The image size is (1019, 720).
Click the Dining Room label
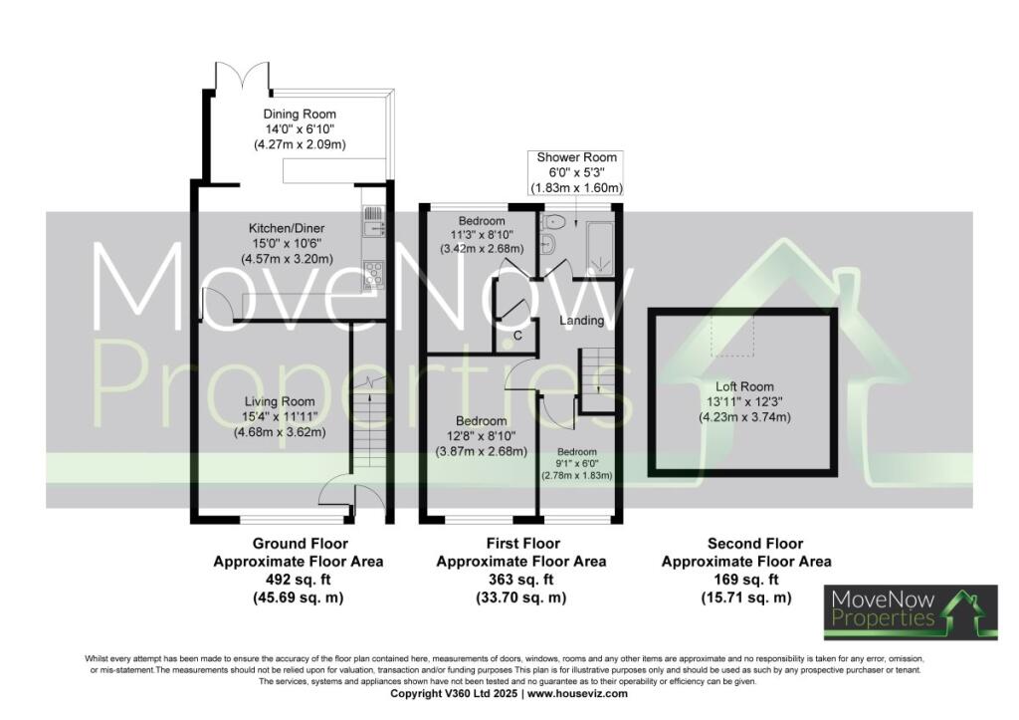point(300,115)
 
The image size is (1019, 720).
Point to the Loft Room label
point(744,387)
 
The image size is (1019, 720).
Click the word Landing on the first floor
point(581,321)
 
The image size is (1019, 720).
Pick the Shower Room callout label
point(576,157)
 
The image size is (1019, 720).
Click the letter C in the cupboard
point(517,336)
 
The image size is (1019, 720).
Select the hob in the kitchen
point(374,272)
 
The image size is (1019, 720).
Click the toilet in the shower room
point(553,223)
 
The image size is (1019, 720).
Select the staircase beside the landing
point(597,380)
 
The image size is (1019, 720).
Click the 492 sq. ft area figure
point(299,580)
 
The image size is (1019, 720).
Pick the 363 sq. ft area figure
point(521,580)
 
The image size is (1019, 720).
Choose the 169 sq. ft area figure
point(746,580)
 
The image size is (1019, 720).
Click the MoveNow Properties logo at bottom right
point(912,611)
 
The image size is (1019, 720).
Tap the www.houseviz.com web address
point(577,694)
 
